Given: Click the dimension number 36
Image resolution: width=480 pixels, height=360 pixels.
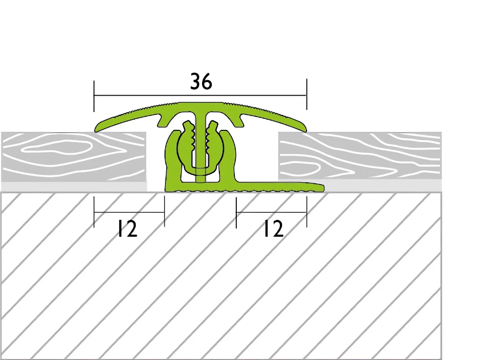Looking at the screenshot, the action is pos(201,82).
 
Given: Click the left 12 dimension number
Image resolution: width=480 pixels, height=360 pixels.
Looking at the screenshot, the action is pos(127,229).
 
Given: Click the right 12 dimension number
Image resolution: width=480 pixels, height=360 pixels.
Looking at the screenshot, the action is pos(273,229).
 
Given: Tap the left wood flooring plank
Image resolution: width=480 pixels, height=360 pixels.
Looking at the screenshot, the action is pos(74,157).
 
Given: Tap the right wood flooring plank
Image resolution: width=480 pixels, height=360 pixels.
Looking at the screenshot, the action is pos(360,156).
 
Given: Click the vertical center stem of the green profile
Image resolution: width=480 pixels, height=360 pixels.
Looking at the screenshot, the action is pos(201,144).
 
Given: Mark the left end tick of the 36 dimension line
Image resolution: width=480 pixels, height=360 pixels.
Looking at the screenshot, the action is pos(94,96).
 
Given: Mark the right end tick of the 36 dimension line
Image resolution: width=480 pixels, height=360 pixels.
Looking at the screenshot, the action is pos(307,94).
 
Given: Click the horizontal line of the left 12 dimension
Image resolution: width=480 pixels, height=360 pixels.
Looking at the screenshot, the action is pos(129,212).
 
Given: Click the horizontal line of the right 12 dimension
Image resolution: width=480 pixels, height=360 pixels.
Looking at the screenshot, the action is pos(271,212).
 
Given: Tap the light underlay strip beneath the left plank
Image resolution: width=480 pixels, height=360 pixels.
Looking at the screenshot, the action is pos(74,187).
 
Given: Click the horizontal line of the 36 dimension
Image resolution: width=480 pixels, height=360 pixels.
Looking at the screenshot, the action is pos(200,96).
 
